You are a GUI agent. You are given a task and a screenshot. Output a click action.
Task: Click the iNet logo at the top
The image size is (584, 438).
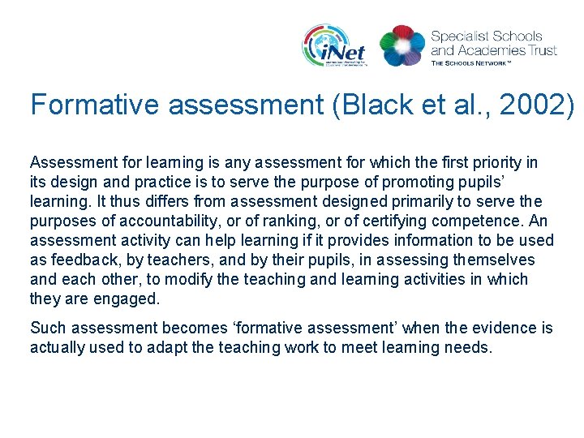point(335,45)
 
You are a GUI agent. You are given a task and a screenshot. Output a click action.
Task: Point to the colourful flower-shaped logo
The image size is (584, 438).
point(402,45)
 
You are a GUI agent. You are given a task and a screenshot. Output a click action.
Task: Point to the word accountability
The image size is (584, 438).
point(173,221)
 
